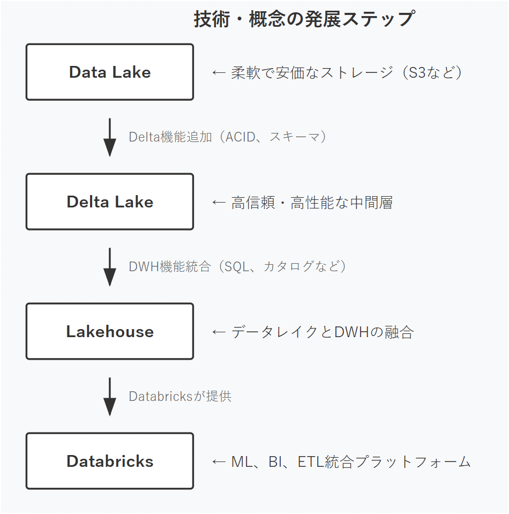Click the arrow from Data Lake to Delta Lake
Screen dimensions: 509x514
(x=110, y=138)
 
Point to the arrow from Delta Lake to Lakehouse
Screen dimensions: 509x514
(x=110, y=267)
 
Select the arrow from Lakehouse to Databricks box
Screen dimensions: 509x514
(x=110, y=397)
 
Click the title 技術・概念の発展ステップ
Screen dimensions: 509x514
(x=304, y=19)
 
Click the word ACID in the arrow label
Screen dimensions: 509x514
(x=240, y=137)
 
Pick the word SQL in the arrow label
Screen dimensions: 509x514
(x=236, y=266)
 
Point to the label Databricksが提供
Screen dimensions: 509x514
(x=180, y=396)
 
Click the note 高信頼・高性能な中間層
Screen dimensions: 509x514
(x=312, y=202)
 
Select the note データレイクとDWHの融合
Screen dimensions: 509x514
(x=323, y=332)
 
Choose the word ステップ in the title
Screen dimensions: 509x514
(x=378, y=19)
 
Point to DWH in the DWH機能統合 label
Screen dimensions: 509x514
(x=144, y=266)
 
